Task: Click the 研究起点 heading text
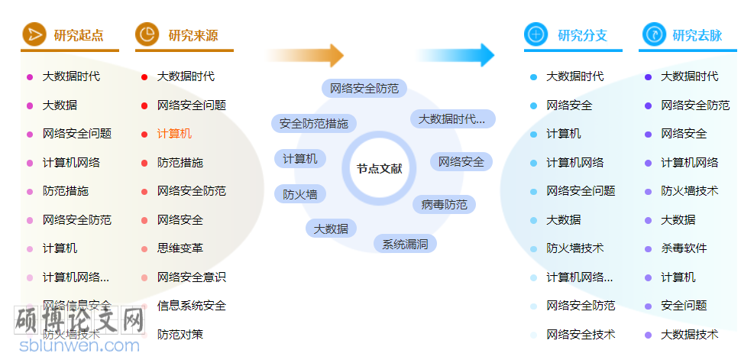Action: click(x=79, y=35)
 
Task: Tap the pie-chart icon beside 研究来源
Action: click(x=147, y=34)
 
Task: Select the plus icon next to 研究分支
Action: click(x=536, y=34)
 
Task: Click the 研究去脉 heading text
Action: click(x=697, y=35)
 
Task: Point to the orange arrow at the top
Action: click(x=305, y=55)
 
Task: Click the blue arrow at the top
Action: click(x=456, y=55)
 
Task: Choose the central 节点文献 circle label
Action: click(x=379, y=168)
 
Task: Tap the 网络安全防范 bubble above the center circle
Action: click(x=364, y=89)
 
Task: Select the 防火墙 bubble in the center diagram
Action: click(x=300, y=194)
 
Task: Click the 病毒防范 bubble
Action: click(x=445, y=205)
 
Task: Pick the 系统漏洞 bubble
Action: click(x=405, y=245)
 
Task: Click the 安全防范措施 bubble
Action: click(x=313, y=123)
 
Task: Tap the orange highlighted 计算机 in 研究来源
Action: click(x=174, y=134)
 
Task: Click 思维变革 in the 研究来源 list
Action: click(x=180, y=248)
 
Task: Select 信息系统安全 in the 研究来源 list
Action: click(x=192, y=306)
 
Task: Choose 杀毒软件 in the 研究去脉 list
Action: click(x=684, y=248)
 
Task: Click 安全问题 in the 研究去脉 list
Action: click(x=684, y=306)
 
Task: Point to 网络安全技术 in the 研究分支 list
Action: click(x=581, y=334)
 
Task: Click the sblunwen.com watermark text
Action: click(x=80, y=345)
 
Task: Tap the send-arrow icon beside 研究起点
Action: click(x=33, y=34)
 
